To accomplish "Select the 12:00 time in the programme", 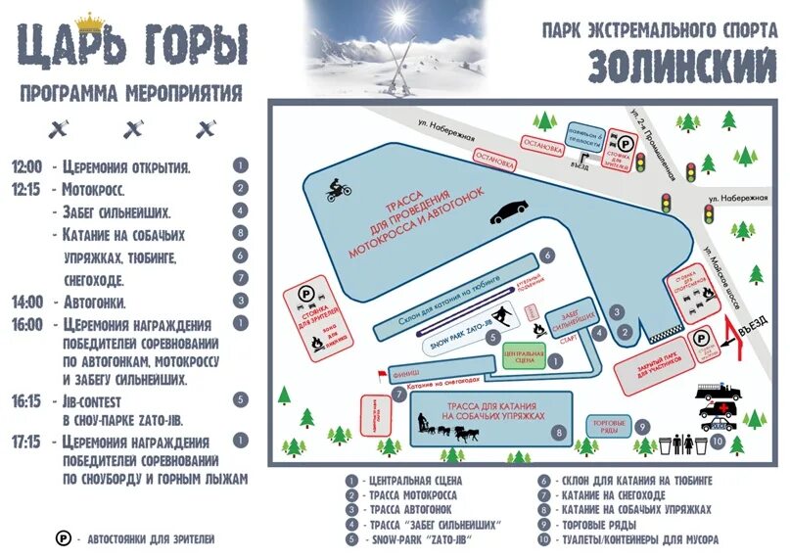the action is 27,166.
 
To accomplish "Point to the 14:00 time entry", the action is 27,302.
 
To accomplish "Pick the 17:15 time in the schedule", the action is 27,442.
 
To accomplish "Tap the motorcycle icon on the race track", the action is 338,189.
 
